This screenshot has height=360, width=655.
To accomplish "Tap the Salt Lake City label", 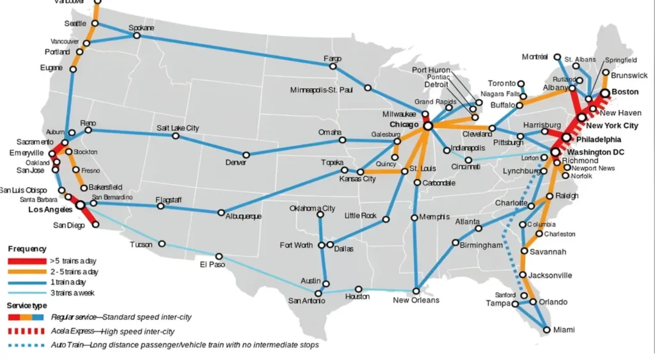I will tap(178, 128).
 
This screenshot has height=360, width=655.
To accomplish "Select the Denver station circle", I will tap(246, 154).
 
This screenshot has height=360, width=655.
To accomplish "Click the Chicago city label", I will tap(404, 124).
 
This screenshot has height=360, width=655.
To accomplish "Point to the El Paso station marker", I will tap(219, 256).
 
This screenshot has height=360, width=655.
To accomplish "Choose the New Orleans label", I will tap(416, 300).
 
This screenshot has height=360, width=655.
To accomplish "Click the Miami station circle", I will tap(546, 330).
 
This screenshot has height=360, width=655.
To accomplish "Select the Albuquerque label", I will tap(243, 217).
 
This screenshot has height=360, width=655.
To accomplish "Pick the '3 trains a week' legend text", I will tap(74, 292).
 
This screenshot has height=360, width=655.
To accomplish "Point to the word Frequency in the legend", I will tap(27, 249).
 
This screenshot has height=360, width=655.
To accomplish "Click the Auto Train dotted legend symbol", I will tap(26, 345).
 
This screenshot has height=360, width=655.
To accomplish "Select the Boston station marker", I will tap(605, 93).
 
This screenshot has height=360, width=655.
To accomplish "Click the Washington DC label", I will tap(596, 152).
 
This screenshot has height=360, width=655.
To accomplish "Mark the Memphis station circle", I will tap(414, 217).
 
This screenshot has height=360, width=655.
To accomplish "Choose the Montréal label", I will tap(535, 57).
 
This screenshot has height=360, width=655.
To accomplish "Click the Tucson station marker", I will tap(162, 244).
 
